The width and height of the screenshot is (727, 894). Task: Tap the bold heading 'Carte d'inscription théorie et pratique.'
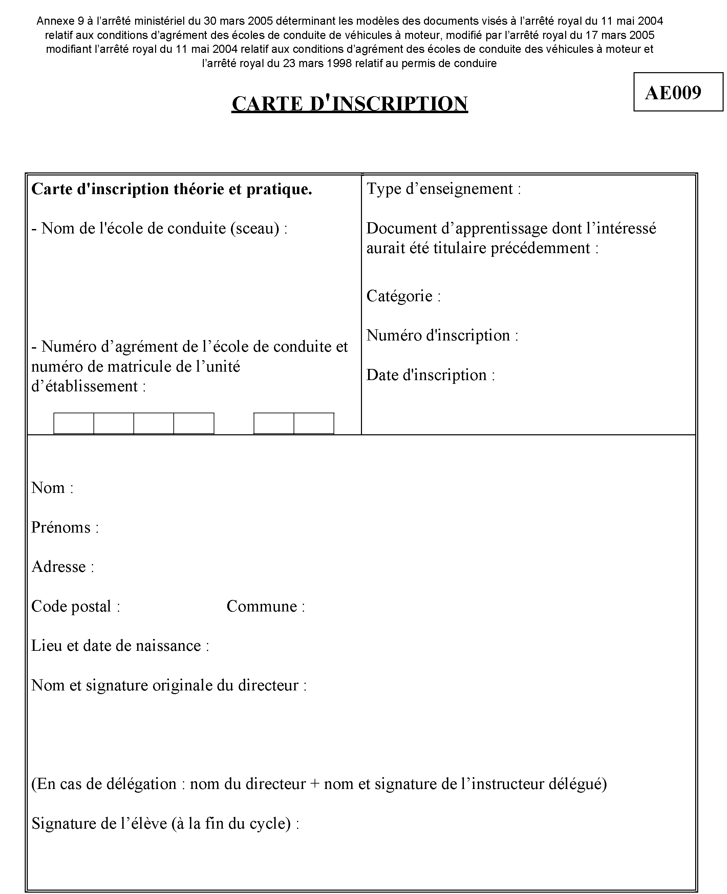pos(172,189)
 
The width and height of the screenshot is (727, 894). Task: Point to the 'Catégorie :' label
pos(403,296)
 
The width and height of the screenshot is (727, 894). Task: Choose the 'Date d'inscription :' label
pos(430,375)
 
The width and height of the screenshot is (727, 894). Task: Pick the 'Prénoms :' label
pos(65,527)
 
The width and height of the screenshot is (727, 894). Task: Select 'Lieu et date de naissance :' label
pos(120,646)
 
